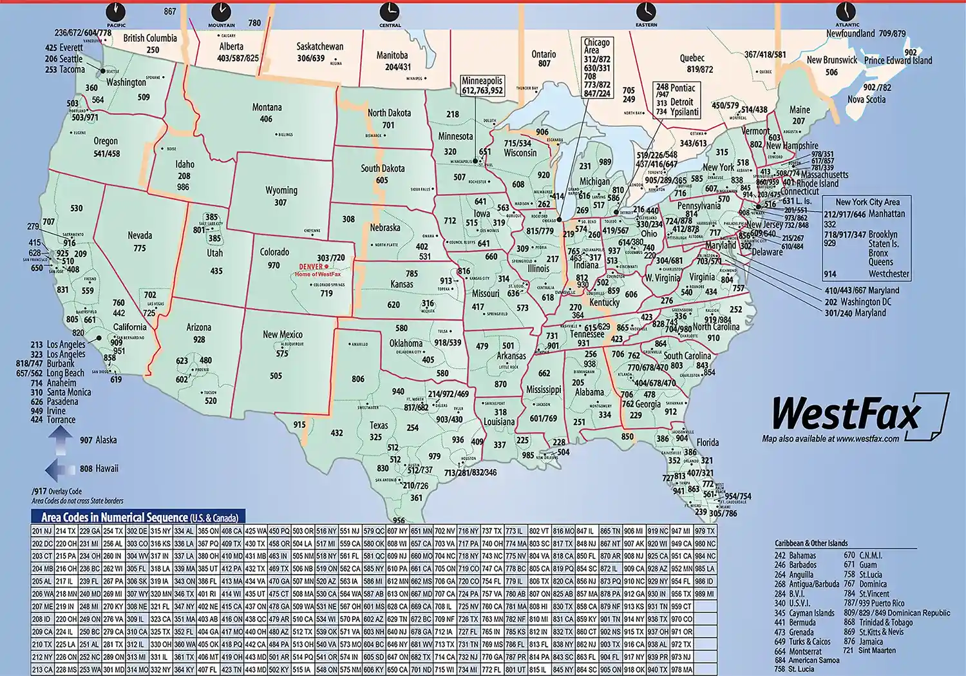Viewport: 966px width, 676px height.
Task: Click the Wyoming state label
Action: (281, 191)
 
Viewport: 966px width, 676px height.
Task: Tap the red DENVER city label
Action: (312, 267)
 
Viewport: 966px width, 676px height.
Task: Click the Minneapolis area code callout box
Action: (482, 86)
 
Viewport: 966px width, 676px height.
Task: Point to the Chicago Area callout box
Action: (597, 68)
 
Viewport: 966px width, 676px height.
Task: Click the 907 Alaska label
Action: (98, 440)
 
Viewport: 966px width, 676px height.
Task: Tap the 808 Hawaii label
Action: (99, 468)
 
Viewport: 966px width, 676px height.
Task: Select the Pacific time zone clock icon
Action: (116, 11)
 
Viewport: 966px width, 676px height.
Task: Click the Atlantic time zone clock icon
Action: (846, 11)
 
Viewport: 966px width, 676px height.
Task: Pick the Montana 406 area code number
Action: (266, 119)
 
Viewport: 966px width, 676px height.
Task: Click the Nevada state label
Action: (140, 236)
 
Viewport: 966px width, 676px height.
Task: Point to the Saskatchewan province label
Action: (319, 46)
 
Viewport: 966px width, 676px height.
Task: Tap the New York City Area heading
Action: (867, 202)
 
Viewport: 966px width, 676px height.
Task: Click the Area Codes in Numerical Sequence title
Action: (139, 517)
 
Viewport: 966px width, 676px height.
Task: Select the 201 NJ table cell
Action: (43, 531)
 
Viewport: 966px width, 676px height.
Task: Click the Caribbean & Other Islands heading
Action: (811, 543)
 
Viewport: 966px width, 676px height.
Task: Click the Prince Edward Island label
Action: (898, 61)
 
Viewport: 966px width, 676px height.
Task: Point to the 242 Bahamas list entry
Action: (795, 555)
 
